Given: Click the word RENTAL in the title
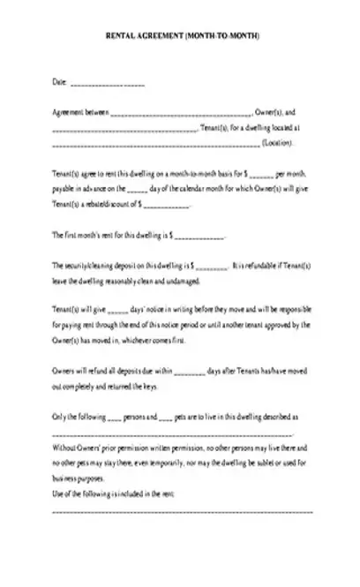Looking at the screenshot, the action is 119,37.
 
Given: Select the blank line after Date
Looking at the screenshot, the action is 107,84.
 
